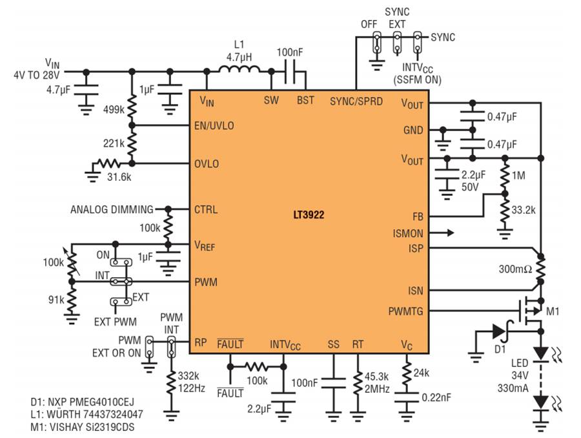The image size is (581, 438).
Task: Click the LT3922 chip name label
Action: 309,215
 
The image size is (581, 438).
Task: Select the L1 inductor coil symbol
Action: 239,69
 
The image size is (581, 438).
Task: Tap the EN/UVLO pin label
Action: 214,126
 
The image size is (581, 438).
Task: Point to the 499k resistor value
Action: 114,110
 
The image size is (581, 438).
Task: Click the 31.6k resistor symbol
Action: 107,163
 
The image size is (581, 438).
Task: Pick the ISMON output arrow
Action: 442,233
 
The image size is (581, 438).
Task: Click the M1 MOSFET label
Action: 553,311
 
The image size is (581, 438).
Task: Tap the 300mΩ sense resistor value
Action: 515,269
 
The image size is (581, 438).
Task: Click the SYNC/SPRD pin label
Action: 356,101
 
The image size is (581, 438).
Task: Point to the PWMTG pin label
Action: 406,311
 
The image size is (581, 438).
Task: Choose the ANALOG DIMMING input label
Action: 112,209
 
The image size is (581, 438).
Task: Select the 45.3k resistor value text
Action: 376,377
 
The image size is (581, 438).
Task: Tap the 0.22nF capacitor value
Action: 436,397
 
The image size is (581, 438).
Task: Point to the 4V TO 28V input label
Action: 36,76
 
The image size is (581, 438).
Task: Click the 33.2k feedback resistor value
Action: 524,211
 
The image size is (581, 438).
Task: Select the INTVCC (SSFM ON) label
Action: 418,74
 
